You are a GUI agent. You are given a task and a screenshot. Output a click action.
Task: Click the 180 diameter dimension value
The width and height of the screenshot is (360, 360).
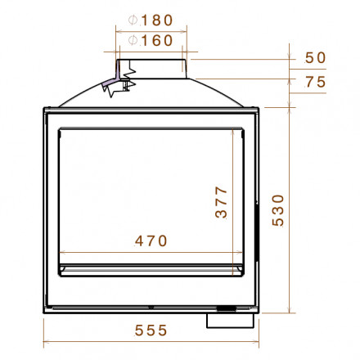point(157,19)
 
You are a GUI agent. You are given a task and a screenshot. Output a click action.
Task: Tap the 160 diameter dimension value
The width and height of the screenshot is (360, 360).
point(157,40)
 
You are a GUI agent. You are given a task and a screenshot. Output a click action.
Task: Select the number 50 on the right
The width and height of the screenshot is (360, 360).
point(314,57)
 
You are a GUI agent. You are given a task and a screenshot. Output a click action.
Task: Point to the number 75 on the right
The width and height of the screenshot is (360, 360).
point(314,81)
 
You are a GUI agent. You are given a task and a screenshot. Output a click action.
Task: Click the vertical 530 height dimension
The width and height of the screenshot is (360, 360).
point(278,210)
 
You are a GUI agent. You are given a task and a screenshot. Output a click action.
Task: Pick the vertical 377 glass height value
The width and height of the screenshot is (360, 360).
point(221,201)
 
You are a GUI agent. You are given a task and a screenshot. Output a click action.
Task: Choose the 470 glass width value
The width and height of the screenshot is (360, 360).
point(151,241)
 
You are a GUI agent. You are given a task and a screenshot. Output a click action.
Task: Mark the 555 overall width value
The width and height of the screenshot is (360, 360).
point(151,330)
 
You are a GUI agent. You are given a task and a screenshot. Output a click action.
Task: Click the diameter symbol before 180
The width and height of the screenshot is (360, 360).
point(133,19)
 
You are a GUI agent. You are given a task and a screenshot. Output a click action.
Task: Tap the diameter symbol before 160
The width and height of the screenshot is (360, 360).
point(133,40)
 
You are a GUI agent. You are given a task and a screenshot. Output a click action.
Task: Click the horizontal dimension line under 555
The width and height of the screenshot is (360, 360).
point(151,342)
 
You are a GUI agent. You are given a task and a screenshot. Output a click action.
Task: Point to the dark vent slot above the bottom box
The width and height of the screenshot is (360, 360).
point(226,308)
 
